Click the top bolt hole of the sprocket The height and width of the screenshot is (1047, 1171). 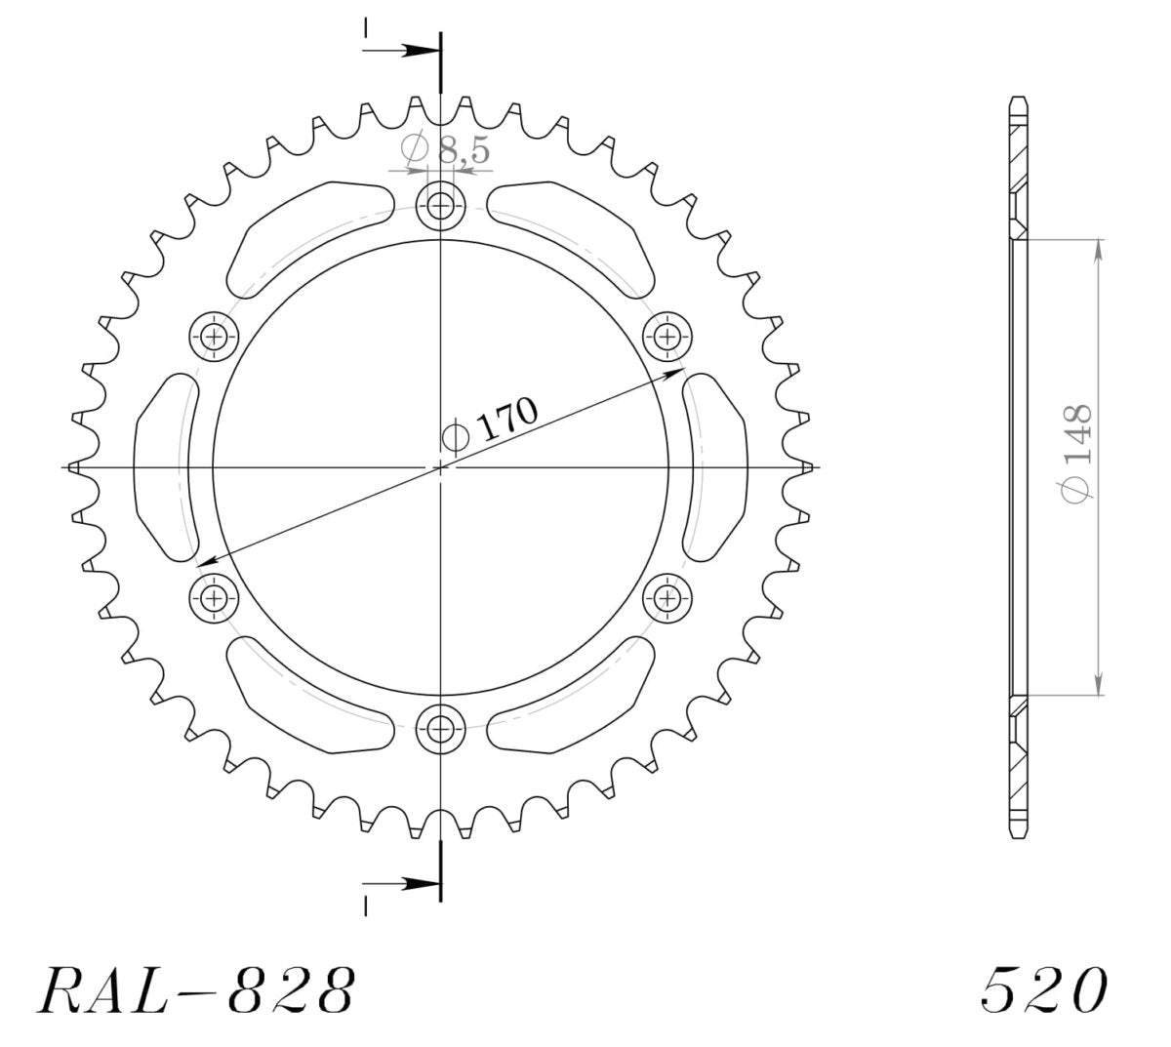(440, 206)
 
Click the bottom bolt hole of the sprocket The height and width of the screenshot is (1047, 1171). (440, 728)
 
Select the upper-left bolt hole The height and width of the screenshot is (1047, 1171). (214, 338)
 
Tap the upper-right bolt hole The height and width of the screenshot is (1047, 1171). (667, 338)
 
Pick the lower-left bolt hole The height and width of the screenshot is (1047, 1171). (214, 596)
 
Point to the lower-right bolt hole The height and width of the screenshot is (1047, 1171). (667, 596)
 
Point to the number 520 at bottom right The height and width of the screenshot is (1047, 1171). (1043, 990)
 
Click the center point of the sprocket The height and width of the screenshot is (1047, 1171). (440, 467)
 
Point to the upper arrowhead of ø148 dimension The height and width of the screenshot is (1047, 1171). (1100, 249)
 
